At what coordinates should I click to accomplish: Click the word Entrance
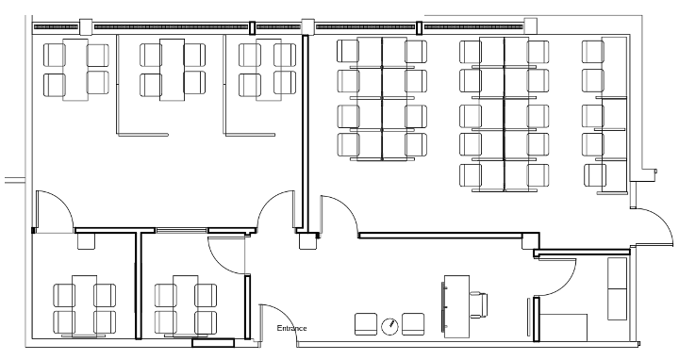[x=291, y=328]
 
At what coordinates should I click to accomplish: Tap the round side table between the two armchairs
[x=389, y=326]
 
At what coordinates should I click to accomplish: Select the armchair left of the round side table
[x=365, y=324]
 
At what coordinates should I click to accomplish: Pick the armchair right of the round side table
[x=413, y=324]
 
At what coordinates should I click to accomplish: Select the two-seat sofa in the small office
[x=619, y=287]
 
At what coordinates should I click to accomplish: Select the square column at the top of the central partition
[x=306, y=26]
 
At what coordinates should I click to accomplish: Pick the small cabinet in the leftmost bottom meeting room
[x=86, y=242]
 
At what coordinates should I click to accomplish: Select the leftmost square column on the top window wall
[x=86, y=26]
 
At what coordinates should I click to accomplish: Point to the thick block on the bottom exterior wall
[x=213, y=343]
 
